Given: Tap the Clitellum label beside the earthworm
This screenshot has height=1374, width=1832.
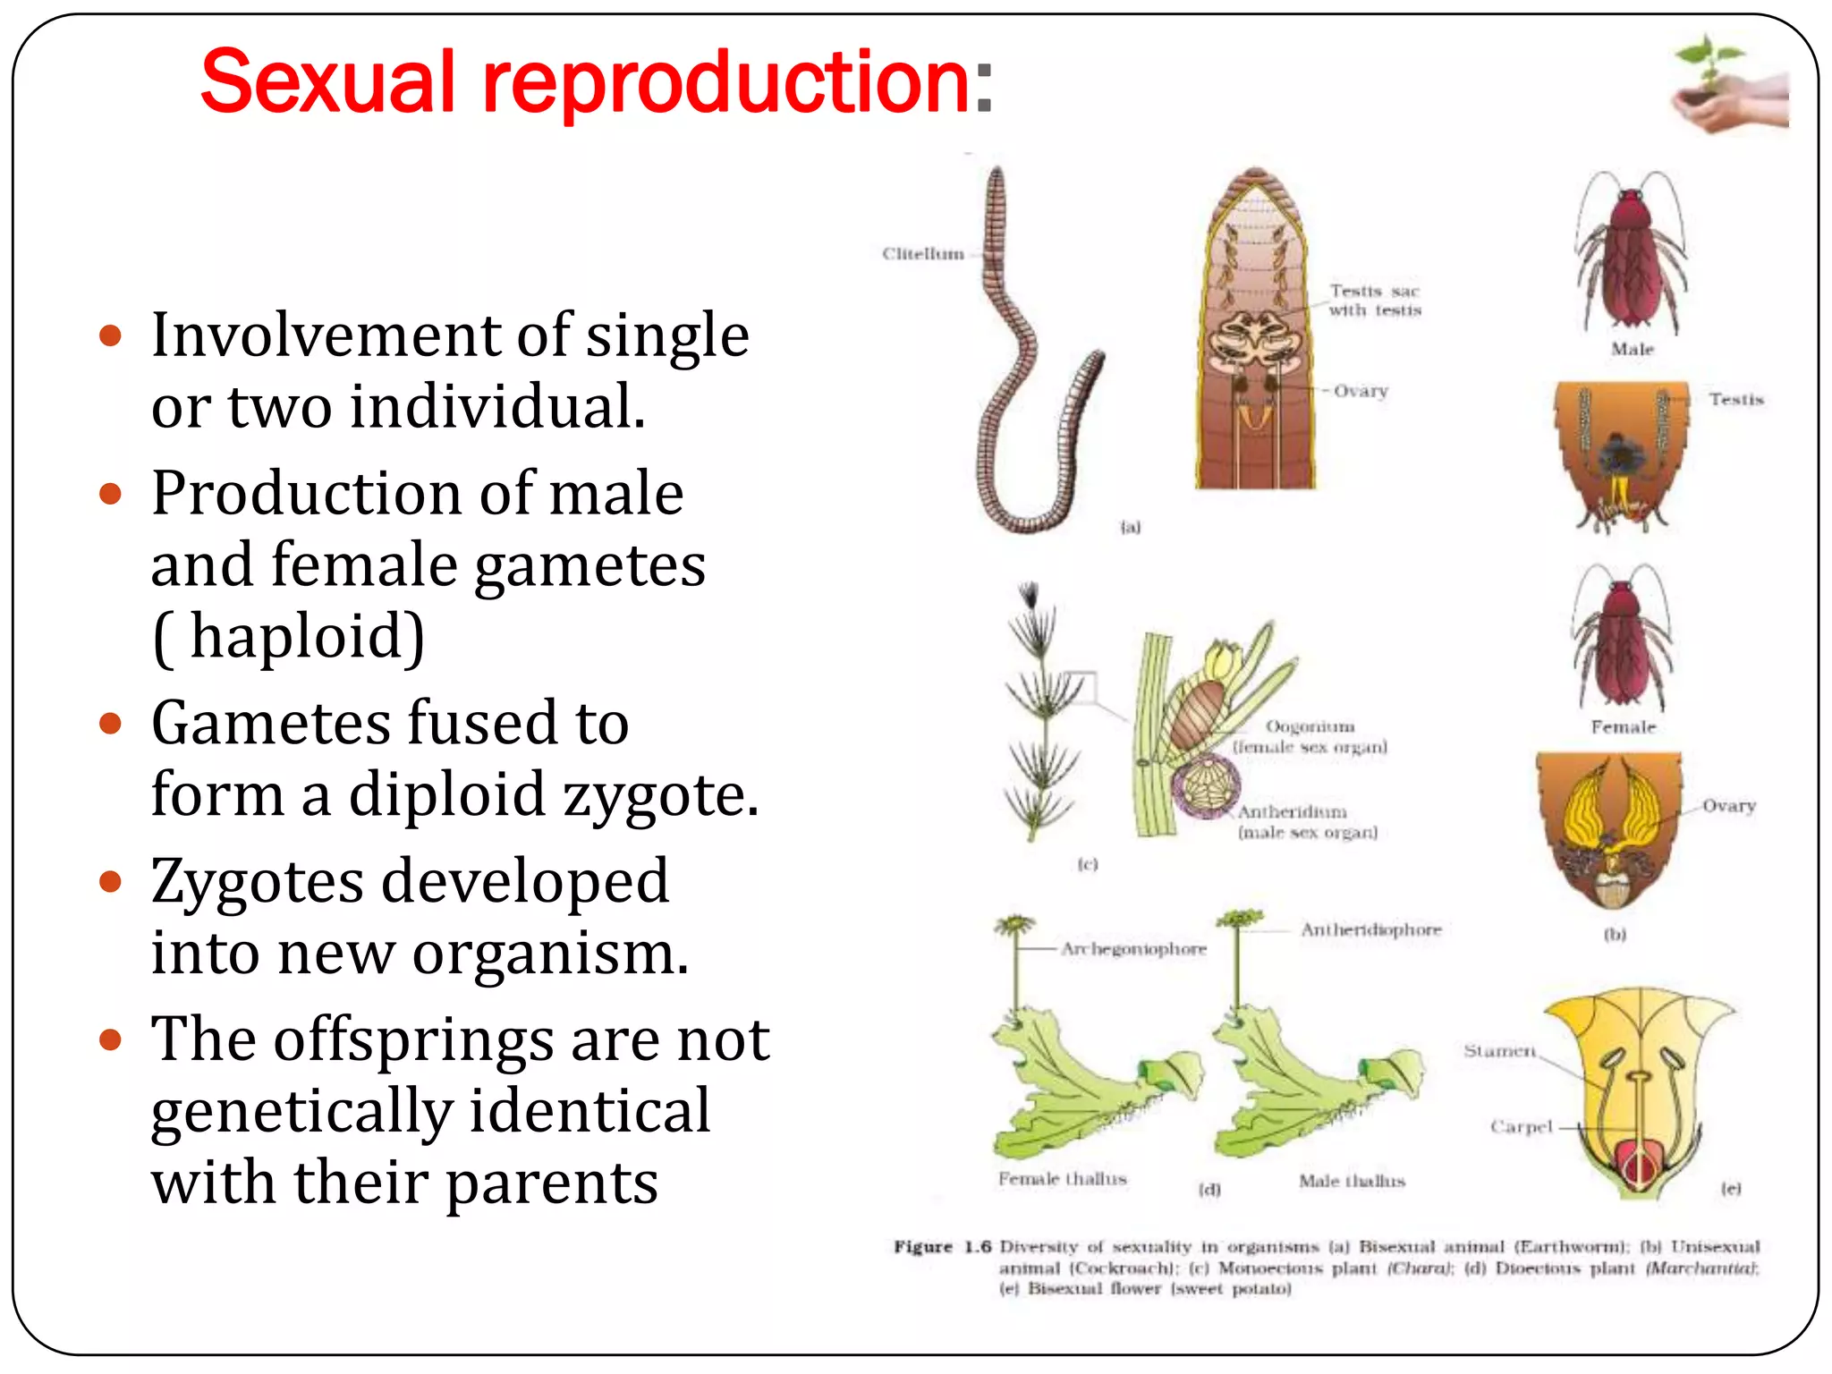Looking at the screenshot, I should coord(923,254).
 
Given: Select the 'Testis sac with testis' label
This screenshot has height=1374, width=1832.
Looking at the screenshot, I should coord(1375,301).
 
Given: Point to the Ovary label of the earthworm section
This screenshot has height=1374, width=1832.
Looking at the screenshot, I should coord(1361,391).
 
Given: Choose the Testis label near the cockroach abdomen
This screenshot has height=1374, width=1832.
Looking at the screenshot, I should coord(1735,399).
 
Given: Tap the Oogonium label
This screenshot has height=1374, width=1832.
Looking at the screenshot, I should coord(1310,726).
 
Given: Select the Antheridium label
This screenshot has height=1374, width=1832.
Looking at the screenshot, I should coord(1292,811).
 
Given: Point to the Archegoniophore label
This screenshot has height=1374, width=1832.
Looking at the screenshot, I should coord(1133,948).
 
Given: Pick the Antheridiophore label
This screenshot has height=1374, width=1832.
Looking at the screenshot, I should coord(1370,929).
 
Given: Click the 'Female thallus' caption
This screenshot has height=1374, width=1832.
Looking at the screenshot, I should coord(1062,1179).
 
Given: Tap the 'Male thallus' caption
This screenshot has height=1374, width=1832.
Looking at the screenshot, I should coord(1352,1181).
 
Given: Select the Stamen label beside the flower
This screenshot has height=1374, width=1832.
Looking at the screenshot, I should coord(1499,1050).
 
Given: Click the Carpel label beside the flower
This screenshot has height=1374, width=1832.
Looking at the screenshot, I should coord(1521,1126).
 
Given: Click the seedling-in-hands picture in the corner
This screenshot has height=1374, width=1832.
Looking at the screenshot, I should coord(1727,85).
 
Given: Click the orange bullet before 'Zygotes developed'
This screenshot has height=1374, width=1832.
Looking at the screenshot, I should coord(110,882).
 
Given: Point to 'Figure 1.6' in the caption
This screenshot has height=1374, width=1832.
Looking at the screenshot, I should coord(942,1246).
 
